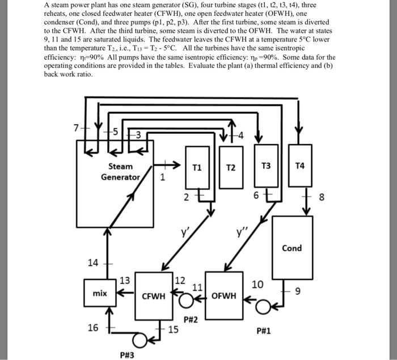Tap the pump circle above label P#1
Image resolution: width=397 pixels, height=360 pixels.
(263, 307)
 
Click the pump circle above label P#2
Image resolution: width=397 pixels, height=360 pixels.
(186, 300)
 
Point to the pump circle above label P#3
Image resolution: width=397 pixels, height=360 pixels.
(140, 340)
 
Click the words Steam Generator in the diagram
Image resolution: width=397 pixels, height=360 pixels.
(120, 172)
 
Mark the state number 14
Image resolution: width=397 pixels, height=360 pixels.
(93, 263)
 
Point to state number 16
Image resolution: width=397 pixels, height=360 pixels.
(93, 328)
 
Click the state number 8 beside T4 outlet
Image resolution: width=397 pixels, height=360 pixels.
(322, 197)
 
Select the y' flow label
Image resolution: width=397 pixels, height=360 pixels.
(184, 231)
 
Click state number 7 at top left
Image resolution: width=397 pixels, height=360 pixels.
(76, 128)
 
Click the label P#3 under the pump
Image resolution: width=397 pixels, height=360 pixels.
(127, 355)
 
